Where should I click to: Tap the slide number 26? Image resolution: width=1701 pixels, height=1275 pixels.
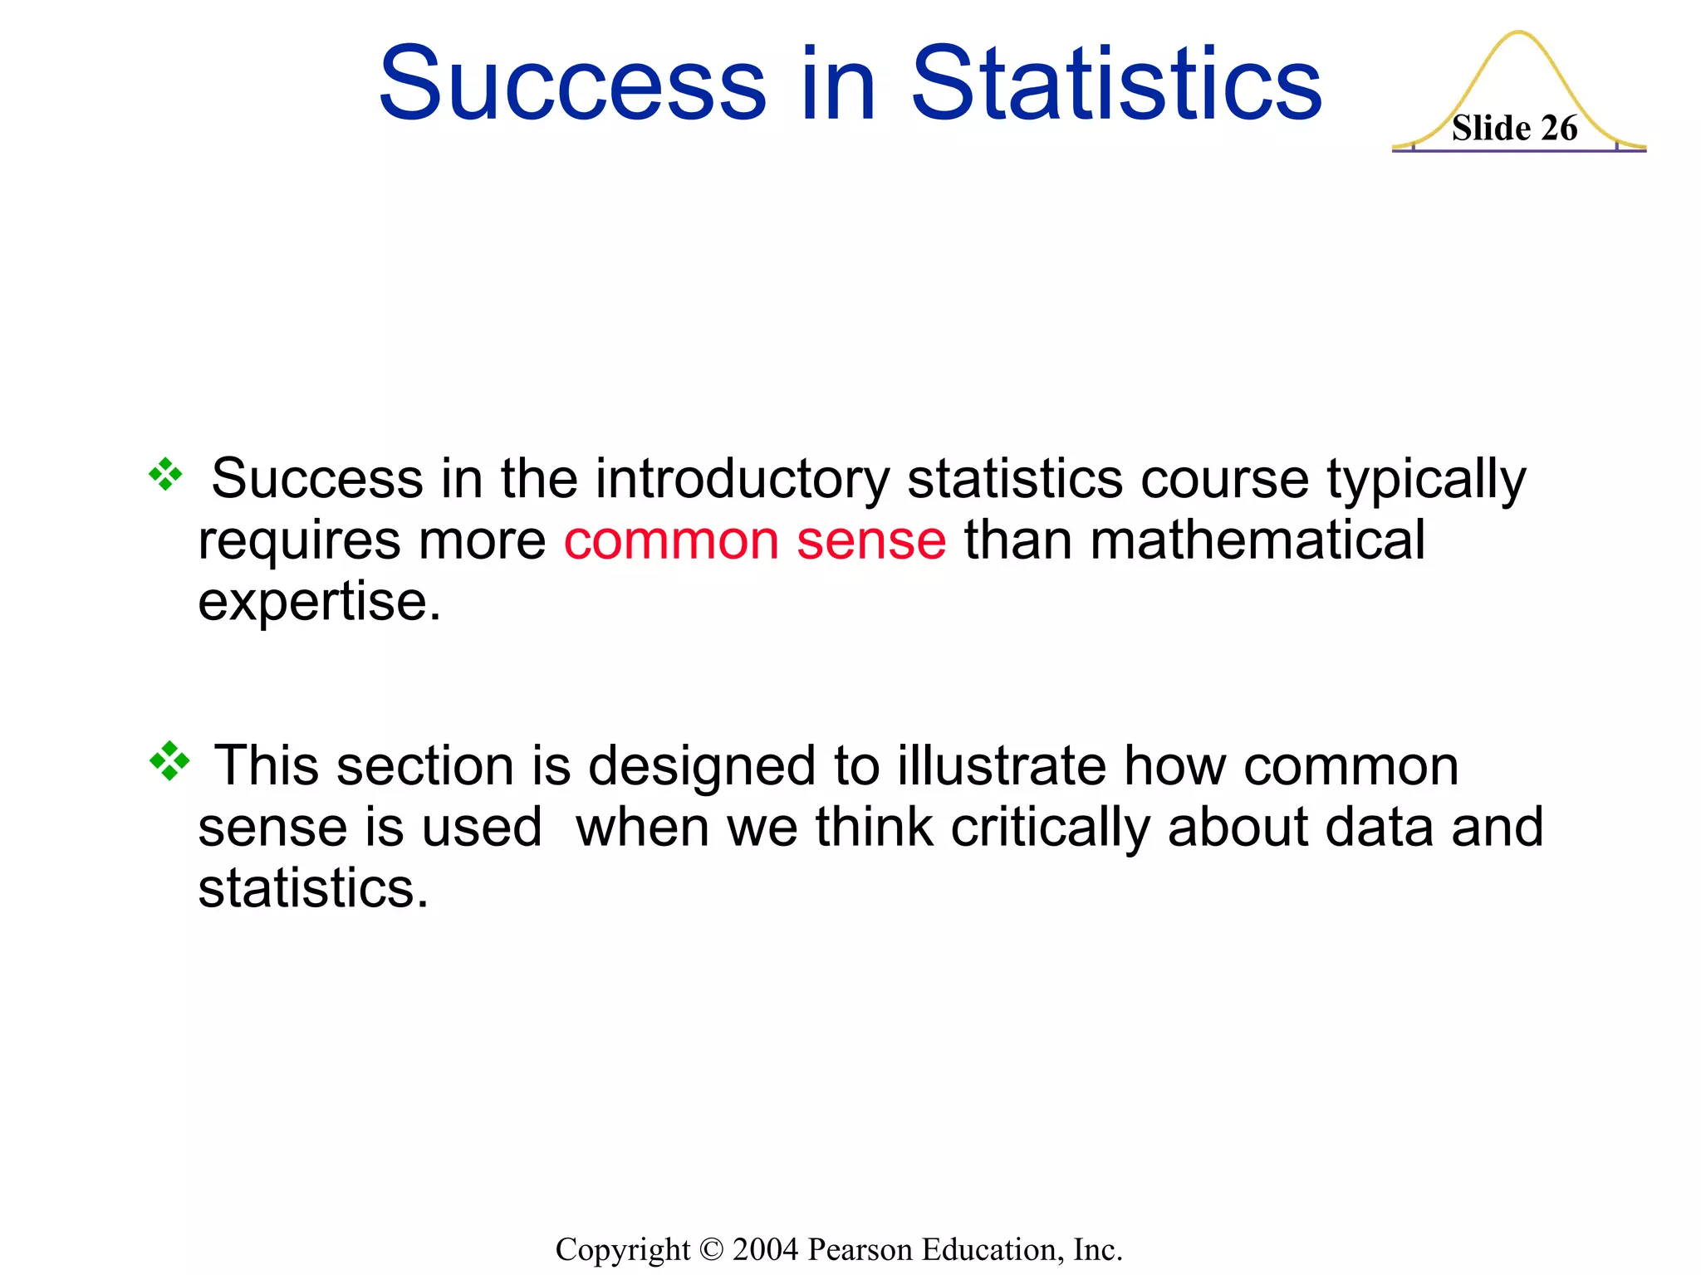1559,129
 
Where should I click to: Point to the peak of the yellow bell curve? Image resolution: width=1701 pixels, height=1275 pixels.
1518,33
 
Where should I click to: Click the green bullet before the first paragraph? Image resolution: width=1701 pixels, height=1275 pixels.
165,475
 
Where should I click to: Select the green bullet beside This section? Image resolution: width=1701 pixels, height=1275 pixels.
169,760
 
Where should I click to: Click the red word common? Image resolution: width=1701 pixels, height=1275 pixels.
671,540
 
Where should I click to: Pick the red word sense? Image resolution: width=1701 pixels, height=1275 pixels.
870,540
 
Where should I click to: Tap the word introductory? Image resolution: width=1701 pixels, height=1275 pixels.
742,479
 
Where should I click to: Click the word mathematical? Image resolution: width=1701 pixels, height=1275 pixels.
1257,540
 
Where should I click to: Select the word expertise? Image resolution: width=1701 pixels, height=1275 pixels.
319,601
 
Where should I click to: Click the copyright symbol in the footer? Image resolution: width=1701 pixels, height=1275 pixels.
712,1249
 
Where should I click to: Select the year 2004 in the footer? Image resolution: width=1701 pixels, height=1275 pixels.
766,1249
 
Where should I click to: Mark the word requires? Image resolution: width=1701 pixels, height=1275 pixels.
299,540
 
